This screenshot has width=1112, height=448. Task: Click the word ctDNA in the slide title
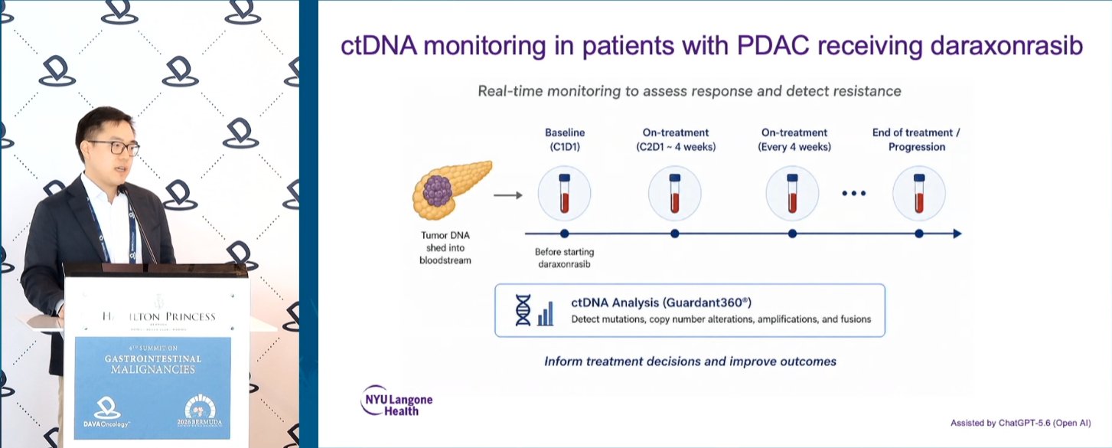tap(380, 46)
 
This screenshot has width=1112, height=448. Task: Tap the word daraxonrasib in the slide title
tap(1006, 46)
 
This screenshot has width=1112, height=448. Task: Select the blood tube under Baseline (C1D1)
tap(565, 193)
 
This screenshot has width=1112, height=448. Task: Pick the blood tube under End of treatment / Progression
tap(919, 193)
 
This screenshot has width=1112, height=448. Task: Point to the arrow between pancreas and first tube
tap(508, 196)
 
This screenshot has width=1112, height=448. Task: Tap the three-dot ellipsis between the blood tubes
tap(854, 193)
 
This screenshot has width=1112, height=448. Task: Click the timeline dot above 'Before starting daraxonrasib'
tap(565, 234)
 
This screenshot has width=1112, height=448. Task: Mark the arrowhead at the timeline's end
tap(957, 234)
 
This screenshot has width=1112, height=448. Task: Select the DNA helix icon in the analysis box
tap(523, 310)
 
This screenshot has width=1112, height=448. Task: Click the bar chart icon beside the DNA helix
tap(546, 314)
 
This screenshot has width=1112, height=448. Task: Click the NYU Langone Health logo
tap(396, 401)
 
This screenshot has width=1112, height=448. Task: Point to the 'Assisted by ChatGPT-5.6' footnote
tap(1021, 423)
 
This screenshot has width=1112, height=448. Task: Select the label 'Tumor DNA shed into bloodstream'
tap(445, 248)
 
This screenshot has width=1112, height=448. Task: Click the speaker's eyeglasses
tap(114, 147)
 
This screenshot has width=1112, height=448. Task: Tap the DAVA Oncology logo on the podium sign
tap(106, 412)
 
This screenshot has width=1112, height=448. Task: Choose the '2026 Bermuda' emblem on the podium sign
tap(200, 410)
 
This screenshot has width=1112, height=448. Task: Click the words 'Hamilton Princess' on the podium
tap(159, 316)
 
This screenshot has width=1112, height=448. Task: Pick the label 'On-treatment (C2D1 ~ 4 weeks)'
tap(676, 139)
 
